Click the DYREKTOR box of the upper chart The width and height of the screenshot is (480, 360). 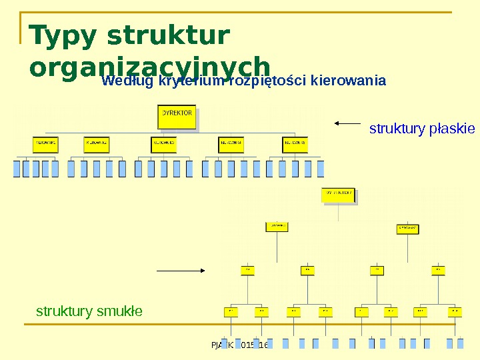[177, 117]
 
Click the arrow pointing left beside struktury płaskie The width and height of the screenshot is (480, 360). [347, 123]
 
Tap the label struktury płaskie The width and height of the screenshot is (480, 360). [422, 128]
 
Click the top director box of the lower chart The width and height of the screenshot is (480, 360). [339, 194]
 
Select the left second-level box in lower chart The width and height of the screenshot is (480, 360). [277, 227]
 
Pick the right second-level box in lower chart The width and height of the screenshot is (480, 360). [408, 228]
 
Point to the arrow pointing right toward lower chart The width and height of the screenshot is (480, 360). [180, 270]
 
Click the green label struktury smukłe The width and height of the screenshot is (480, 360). [89, 311]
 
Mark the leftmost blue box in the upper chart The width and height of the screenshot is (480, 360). [17, 169]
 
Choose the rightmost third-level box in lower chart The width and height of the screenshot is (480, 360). [438, 270]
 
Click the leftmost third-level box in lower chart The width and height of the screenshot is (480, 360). [246, 270]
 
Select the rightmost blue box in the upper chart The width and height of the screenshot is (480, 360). [321, 169]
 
